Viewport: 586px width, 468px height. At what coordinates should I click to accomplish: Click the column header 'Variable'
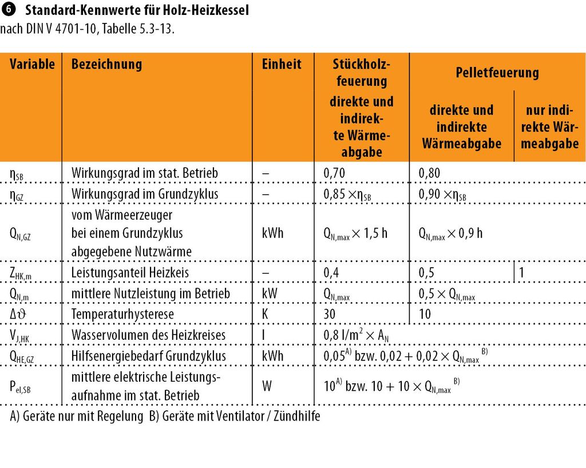coord(32,64)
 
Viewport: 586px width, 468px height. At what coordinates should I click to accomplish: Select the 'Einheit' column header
coord(282,64)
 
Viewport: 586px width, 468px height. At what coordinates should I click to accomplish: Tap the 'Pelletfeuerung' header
coord(497,73)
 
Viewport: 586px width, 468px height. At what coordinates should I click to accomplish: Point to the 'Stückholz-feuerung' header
coord(360,72)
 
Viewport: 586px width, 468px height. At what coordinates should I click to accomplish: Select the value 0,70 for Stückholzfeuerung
coord(334,173)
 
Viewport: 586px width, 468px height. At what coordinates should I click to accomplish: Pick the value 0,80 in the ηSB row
coord(430,173)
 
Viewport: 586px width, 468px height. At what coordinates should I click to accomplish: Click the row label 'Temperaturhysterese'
coord(122,314)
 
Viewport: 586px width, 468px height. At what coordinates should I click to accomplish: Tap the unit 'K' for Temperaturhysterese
coord(265,314)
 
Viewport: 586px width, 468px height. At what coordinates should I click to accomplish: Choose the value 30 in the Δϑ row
coord(330,314)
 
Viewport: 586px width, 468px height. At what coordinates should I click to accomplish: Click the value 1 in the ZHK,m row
coord(522,273)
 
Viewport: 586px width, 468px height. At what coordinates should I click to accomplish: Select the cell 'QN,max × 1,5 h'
coord(355,233)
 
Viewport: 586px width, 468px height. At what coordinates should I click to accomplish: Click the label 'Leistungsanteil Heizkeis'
coord(130,273)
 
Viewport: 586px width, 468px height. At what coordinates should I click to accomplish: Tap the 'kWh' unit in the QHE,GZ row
coord(272,356)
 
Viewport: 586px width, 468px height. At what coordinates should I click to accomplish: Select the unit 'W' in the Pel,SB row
coord(267,386)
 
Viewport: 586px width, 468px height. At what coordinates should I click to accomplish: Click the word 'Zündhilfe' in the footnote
coord(298,416)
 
